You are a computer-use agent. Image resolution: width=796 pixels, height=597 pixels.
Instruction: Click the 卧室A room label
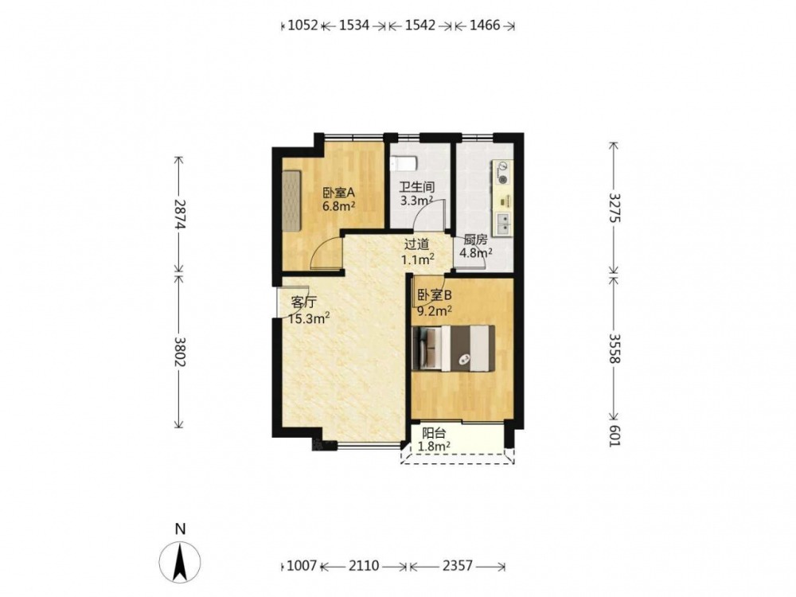pos(338,193)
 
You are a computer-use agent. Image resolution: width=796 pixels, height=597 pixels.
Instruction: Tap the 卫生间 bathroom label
pos(416,187)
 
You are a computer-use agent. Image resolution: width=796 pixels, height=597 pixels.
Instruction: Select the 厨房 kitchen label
pos(475,240)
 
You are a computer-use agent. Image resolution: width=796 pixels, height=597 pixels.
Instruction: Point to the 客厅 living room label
pos(303,302)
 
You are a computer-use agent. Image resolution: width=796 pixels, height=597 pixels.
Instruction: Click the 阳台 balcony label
pos(434,433)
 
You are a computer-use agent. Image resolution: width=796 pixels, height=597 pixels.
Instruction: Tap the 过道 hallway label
pos(417,244)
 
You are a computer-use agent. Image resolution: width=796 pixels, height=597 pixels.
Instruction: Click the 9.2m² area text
pos(435,310)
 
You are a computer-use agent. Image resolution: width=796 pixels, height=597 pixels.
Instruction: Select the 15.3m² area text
pos(309,318)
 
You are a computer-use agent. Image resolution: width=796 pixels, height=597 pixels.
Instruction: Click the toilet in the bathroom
pos(404,163)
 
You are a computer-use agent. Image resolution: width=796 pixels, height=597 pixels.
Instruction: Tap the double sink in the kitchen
pos(502,224)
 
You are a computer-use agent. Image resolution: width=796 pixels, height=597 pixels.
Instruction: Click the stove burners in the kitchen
pos(502,172)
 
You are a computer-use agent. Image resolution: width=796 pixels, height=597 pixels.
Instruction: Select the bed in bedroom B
pos(453,348)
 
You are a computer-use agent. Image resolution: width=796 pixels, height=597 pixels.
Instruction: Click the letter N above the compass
pos(180,529)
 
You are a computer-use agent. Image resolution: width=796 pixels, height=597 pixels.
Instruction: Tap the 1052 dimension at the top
pos(302,25)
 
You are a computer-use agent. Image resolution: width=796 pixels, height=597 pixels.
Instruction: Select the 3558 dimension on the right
pos(615,349)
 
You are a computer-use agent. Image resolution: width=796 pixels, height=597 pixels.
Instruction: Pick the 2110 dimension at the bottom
pos(364,565)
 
